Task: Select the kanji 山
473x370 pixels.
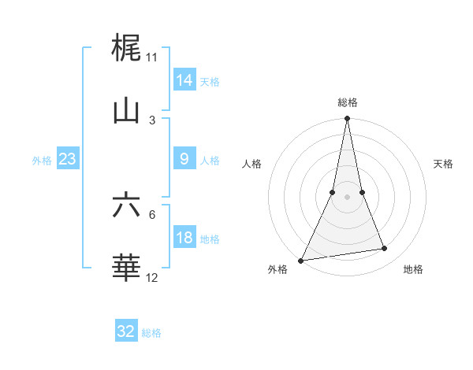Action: (126, 111)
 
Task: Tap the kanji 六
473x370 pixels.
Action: (126, 205)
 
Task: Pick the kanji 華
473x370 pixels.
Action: (126, 268)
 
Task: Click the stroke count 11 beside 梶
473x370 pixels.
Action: (152, 57)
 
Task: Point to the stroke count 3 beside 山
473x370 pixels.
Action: (152, 120)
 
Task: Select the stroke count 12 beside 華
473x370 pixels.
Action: (152, 278)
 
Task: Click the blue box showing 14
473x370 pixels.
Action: (184, 80)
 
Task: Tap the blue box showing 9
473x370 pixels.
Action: (184, 159)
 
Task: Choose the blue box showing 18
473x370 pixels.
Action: (184, 238)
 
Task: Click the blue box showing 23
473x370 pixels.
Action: (67, 159)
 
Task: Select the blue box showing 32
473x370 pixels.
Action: (126, 331)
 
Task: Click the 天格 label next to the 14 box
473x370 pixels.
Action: (210, 81)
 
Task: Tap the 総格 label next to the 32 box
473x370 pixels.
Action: (151, 333)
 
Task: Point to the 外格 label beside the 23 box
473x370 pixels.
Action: (42, 161)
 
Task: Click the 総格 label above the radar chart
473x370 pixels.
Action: (348, 102)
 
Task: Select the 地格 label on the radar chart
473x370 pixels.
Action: (413, 270)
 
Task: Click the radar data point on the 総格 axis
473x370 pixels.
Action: (347, 119)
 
